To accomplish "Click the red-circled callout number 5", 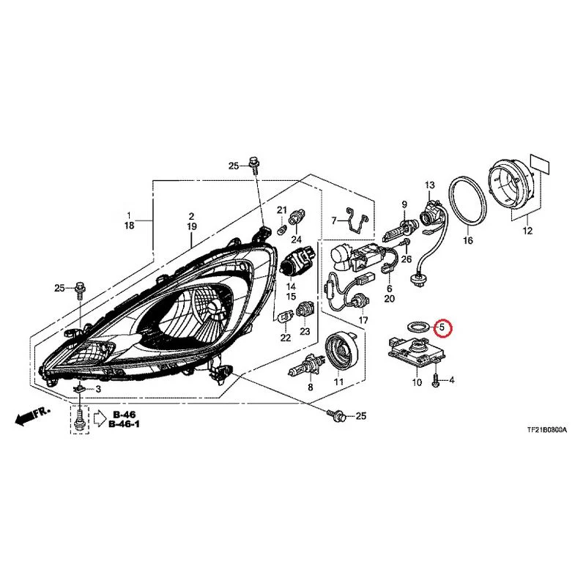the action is (442, 327).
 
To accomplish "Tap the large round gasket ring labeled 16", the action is (467, 202).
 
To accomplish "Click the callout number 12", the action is (527, 231).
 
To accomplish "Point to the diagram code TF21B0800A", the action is (546, 430).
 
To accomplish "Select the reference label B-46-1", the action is (124, 424).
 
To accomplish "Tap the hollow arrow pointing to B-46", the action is (100, 418).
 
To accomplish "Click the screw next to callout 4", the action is (436, 379).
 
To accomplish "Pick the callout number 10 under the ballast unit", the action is (417, 382).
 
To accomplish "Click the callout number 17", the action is (363, 320).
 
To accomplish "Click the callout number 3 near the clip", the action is (98, 389).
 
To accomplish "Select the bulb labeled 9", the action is (397, 229).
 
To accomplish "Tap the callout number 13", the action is (430, 185).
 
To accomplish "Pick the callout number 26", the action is (407, 259).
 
